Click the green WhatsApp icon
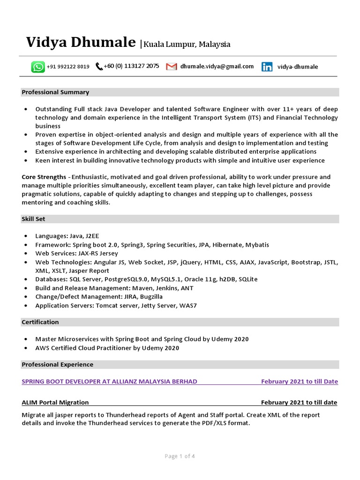pyautogui.click(x=38, y=67)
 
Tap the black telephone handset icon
pyautogui.click(x=99, y=67)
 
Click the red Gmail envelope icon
pyautogui.click(x=172, y=67)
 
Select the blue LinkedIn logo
pyautogui.click(x=267, y=67)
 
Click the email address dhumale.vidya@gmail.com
pyautogui.click(x=217, y=67)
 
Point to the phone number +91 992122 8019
pyautogui.click(x=68, y=67)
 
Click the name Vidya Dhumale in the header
pyautogui.click(x=81, y=43)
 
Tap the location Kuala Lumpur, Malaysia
pyautogui.click(x=187, y=45)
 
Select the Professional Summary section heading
pyautogui.click(x=55, y=92)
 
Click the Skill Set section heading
pyautogui.click(x=33, y=219)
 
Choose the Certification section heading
pyautogui.click(x=40, y=322)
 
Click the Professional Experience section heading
pyautogui.click(x=57, y=365)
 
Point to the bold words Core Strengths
pyautogui.click(x=44, y=177)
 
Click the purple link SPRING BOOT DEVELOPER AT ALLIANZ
pyautogui.click(x=109, y=382)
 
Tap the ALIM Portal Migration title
pyautogui.click(x=55, y=403)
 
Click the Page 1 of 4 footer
pyautogui.click(x=180, y=456)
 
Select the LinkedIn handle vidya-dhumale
pyautogui.click(x=298, y=67)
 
